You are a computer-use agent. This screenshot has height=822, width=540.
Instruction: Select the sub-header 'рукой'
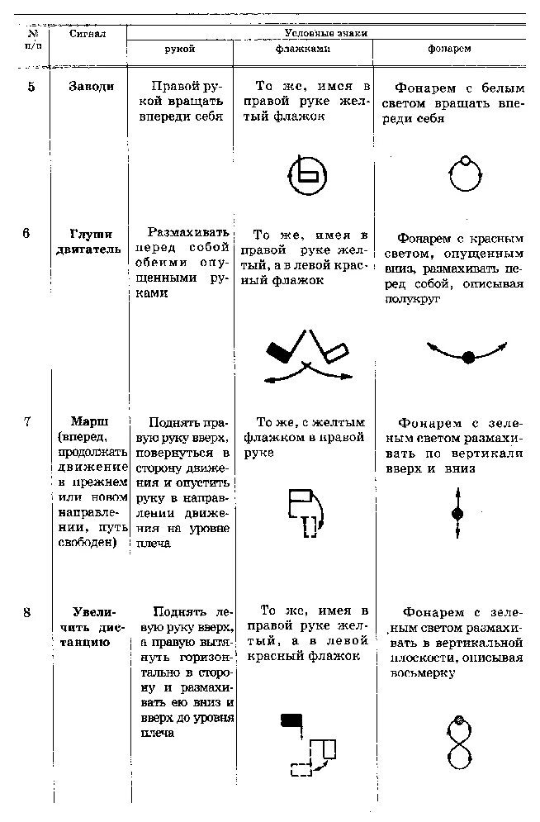(x=180, y=50)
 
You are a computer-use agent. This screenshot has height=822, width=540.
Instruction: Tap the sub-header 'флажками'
(x=302, y=50)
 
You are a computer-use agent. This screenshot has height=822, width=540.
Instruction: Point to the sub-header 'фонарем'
(x=449, y=50)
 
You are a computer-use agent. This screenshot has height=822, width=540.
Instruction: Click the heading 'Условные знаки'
(x=325, y=33)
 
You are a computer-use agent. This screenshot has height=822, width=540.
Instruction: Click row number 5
(x=31, y=87)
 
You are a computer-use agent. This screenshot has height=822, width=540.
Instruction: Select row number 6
(x=27, y=234)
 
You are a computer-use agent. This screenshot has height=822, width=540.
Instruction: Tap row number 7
(x=27, y=421)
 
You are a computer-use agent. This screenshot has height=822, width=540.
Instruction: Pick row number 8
(x=27, y=613)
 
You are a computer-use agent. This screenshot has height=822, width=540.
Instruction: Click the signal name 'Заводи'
(x=92, y=87)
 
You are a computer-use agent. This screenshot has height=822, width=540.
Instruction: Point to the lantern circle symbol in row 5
(x=465, y=173)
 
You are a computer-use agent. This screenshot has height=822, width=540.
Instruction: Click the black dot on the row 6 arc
(x=468, y=358)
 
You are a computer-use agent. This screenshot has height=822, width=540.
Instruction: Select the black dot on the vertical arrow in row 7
(x=457, y=514)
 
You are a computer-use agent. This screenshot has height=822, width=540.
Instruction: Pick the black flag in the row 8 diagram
(x=291, y=719)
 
